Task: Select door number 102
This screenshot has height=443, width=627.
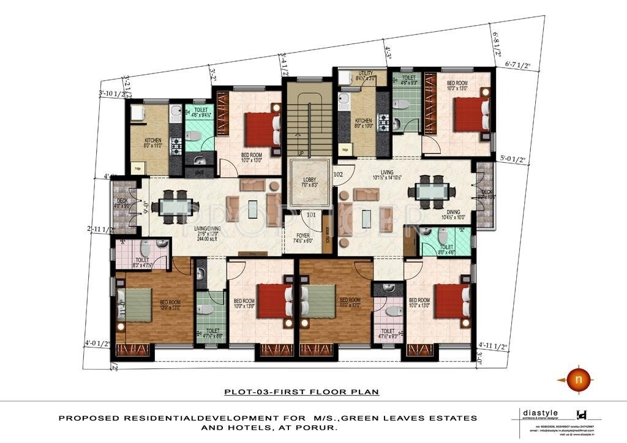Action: [337, 173]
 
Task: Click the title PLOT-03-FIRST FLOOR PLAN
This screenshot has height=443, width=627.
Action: [301, 392]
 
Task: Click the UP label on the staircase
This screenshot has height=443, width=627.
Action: [300, 153]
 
